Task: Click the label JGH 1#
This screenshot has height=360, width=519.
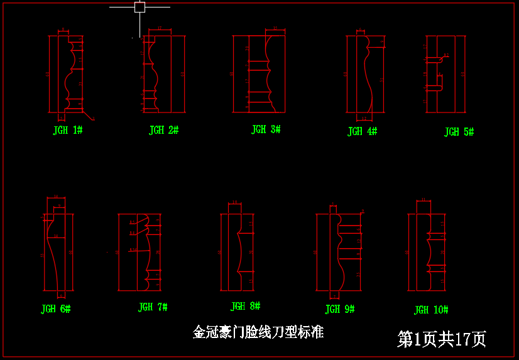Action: [x=68, y=130]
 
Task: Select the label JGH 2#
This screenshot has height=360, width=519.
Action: [x=163, y=130]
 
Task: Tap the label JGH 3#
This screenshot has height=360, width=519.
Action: [x=266, y=129]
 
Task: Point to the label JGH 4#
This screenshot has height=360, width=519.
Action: [x=362, y=131]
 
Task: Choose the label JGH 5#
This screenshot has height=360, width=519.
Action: [x=459, y=132]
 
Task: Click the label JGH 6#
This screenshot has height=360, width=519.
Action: [x=55, y=309]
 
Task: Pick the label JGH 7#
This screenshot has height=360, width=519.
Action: [x=153, y=307]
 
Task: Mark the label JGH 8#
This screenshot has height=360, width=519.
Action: [x=245, y=307]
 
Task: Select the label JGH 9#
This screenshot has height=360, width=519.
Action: [x=340, y=309]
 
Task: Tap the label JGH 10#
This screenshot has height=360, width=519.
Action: [x=431, y=310]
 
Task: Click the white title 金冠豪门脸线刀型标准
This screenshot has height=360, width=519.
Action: [x=258, y=332]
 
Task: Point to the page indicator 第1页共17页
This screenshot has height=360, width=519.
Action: [x=442, y=339]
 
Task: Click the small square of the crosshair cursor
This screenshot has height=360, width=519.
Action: [x=139, y=7]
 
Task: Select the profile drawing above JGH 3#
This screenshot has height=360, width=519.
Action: [x=259, y=73]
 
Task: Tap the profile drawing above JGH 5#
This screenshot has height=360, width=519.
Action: [x=445, y=74]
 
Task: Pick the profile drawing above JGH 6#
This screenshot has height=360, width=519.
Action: [x=58, y=251]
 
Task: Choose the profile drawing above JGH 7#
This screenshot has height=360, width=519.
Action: [x=141, y=252]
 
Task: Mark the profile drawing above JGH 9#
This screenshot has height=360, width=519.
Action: [x=339, y=252]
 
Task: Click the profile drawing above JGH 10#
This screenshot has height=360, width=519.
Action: [x=427, y=251]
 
